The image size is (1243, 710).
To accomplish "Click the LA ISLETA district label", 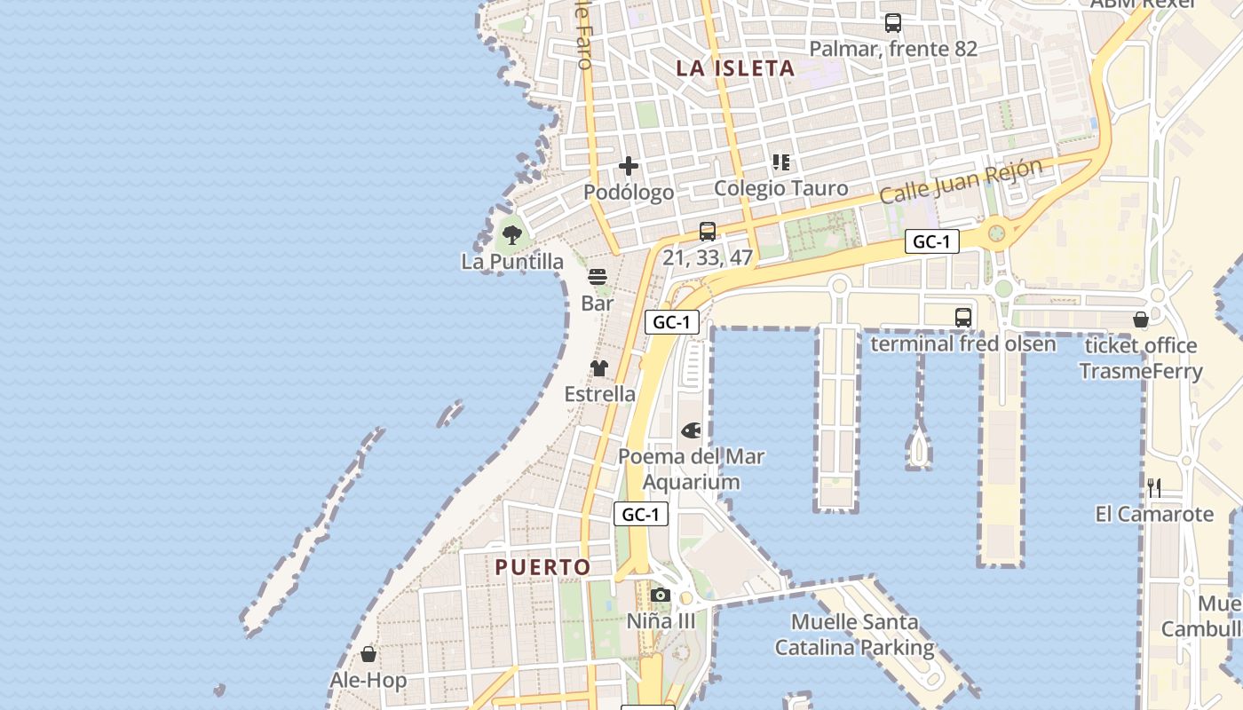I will (735, 68).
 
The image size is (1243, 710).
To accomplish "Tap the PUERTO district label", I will (542, 567).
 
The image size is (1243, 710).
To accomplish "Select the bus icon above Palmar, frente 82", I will (893, 24).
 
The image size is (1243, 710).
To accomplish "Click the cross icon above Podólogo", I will (629, 166).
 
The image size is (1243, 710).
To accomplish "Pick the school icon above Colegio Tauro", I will (781, 162).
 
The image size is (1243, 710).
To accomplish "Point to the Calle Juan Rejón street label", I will (961, 182).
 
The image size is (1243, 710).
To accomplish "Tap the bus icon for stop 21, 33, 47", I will (708, 232).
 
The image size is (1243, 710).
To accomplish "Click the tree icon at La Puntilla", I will (511, 235).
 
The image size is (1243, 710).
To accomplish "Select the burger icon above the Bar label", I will (598, 277).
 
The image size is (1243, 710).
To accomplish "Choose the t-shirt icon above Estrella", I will (599, 368).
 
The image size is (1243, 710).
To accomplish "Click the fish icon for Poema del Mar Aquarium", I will (691, 430).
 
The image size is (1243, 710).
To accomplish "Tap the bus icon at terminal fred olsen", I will (963, 317).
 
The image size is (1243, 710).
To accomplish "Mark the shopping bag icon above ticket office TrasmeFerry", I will (1141, 319).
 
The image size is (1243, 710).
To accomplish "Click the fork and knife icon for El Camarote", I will (1154, 487).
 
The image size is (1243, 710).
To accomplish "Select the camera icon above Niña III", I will (661, 595).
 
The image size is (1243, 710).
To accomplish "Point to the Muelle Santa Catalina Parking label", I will (854, 635).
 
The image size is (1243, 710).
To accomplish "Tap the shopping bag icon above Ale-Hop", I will (368, 654).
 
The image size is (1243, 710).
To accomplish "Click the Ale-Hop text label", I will (368, 681).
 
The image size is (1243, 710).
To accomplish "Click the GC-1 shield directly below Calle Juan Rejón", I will (932, 241).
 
